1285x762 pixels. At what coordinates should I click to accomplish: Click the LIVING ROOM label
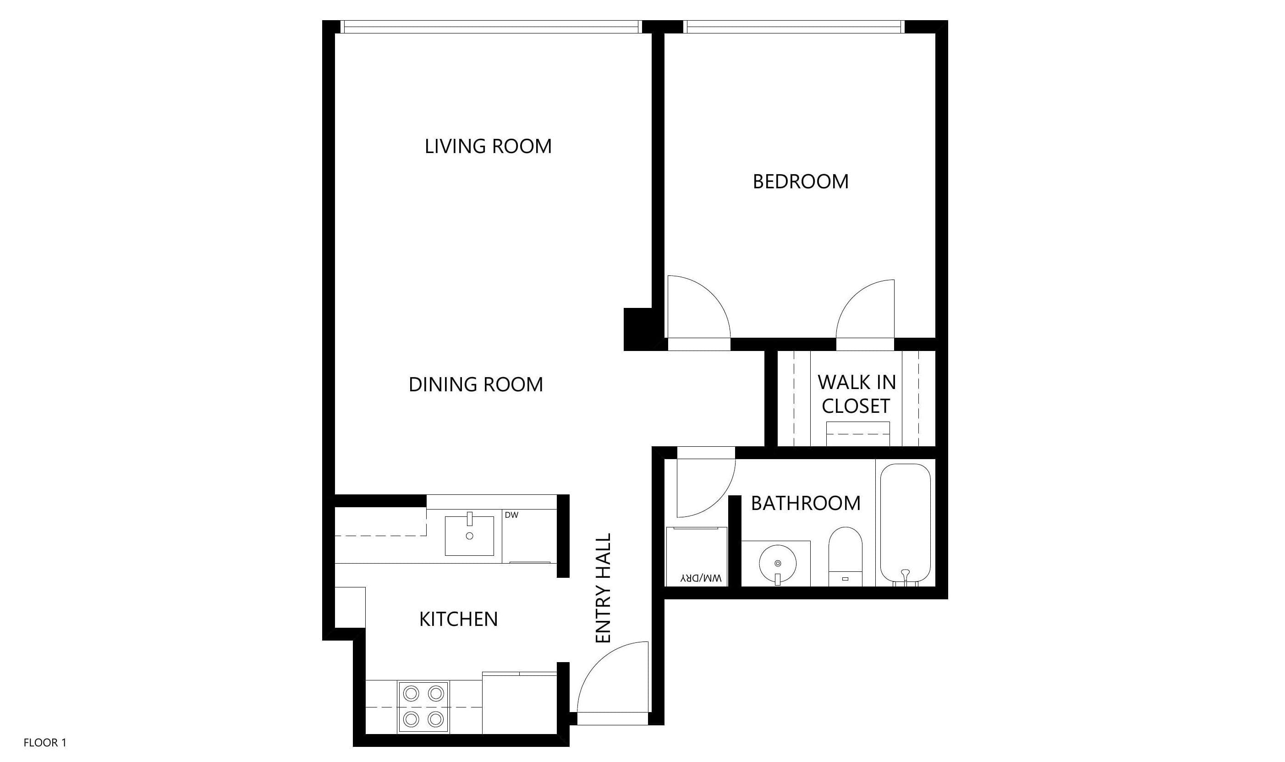[488, 146]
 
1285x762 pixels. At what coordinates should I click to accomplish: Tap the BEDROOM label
[800, 182]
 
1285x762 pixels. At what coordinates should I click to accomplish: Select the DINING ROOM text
[475, 384]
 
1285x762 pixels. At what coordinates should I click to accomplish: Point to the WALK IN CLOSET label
[857, 394]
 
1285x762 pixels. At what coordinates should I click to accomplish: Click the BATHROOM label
[806, 503]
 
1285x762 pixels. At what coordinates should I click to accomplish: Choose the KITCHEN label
[458, 619]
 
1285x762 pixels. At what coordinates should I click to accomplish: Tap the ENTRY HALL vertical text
[603, 588]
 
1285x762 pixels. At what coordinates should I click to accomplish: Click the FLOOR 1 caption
[45, 742]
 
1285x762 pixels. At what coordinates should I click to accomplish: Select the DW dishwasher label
[511, 515]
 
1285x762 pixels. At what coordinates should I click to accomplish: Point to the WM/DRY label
[701, 578]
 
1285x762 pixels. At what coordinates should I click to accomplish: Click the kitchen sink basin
[469, 536]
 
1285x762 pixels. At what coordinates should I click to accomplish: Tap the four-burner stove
[423, 707]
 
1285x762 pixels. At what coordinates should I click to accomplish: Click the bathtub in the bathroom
[905, 524]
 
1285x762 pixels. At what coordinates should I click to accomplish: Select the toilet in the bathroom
[846, 556]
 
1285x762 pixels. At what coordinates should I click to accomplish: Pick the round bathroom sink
[777, 564]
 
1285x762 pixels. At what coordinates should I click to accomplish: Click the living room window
[491, 27]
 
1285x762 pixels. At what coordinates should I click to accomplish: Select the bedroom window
[793, 27]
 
